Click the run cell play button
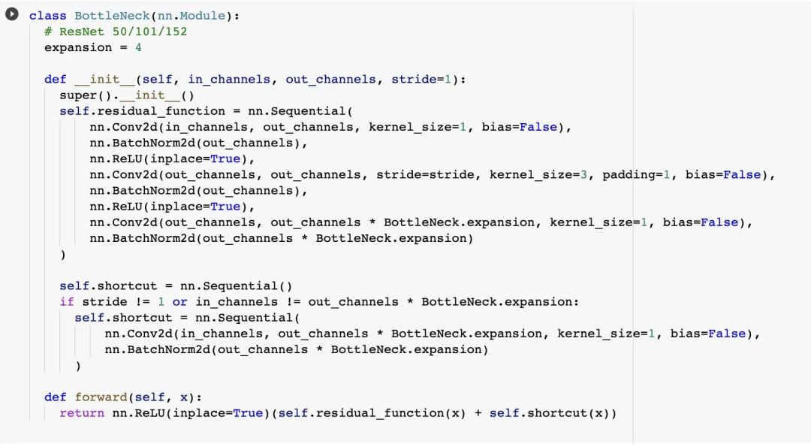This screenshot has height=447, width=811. pyautogui.click(x=12, y=15)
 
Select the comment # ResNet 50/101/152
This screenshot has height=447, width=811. pyautogui.click(x=116, y=32)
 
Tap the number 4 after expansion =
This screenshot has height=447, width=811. pyautogui.click(x=138, y=47)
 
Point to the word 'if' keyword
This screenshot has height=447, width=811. pyautogui.click(x=67, y=302)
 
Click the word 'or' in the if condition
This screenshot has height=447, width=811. pyautogui.click(x=180, y=302)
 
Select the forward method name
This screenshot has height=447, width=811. pyautogui.click(x=101, y=397)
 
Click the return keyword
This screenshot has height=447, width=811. pyautogui.click(x=82, y=413)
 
